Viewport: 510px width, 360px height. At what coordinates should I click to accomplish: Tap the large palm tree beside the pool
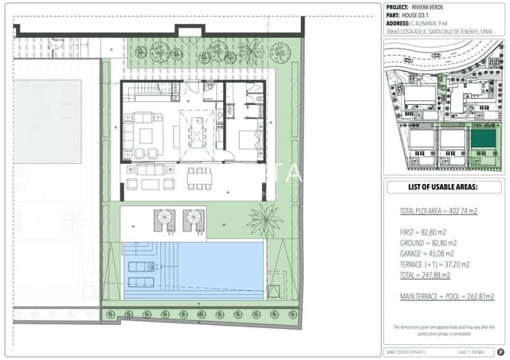coord(265,219)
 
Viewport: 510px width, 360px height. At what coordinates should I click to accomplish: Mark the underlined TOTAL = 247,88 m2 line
coord(425,275)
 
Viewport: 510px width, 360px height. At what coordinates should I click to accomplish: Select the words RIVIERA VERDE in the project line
coord(443,6)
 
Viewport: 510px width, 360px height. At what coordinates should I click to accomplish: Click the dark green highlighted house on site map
coord(481,141)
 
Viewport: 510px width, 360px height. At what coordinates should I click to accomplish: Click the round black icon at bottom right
coord(500,351)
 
